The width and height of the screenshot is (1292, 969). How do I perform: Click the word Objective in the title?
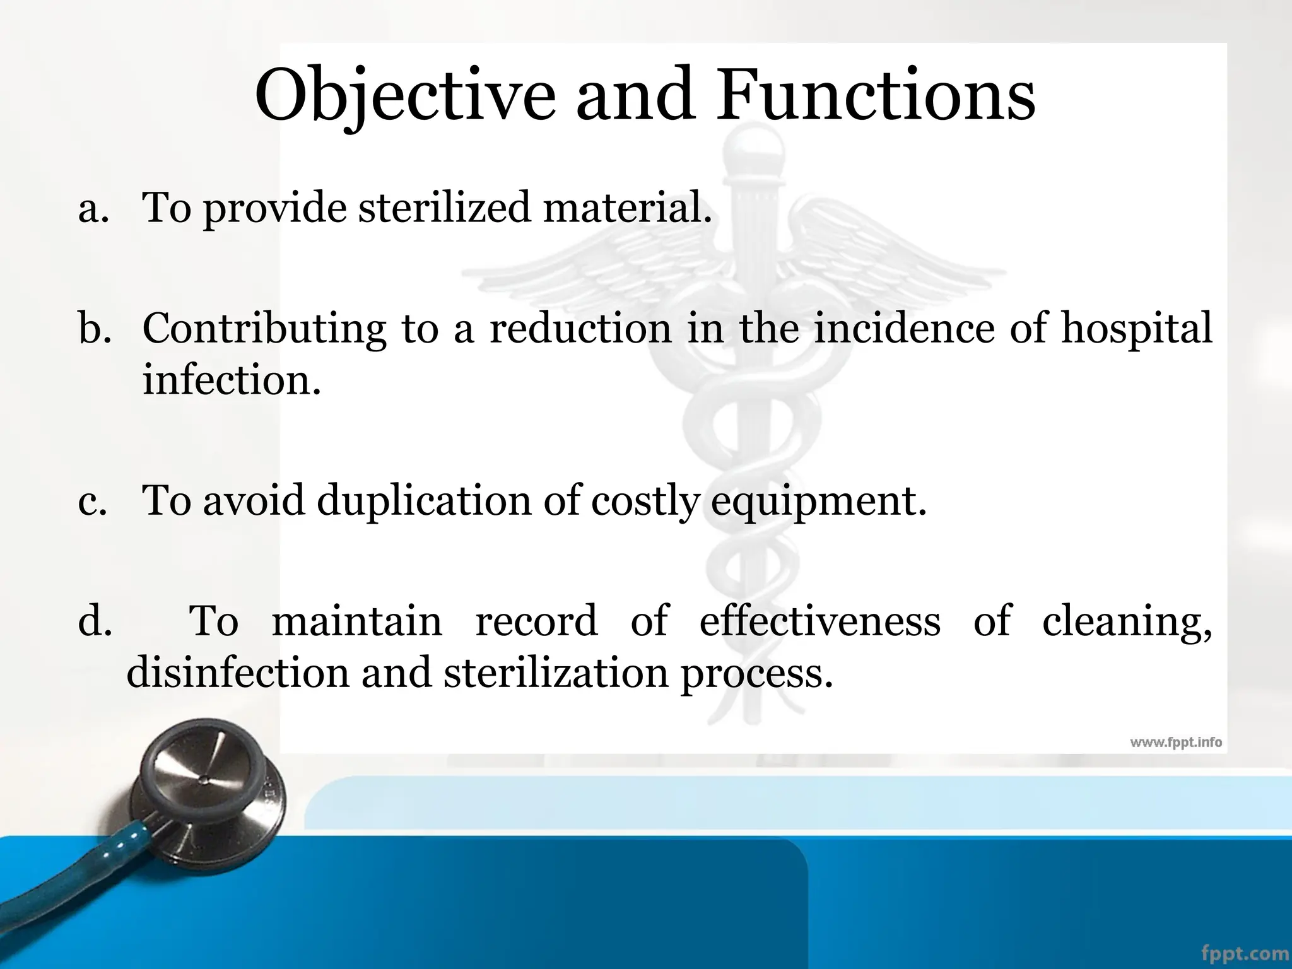tap(404, 96)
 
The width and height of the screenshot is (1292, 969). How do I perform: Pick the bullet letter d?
tap(95, 621)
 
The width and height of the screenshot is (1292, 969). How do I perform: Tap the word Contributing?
tap(264, 329)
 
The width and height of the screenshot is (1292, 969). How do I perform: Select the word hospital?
tap(1136, 329)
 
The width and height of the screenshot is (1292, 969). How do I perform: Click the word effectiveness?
tap(819, 621)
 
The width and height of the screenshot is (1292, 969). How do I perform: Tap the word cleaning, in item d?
tap(1127, 622)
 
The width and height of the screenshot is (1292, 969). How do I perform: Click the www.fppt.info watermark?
tap(1175, 743)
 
